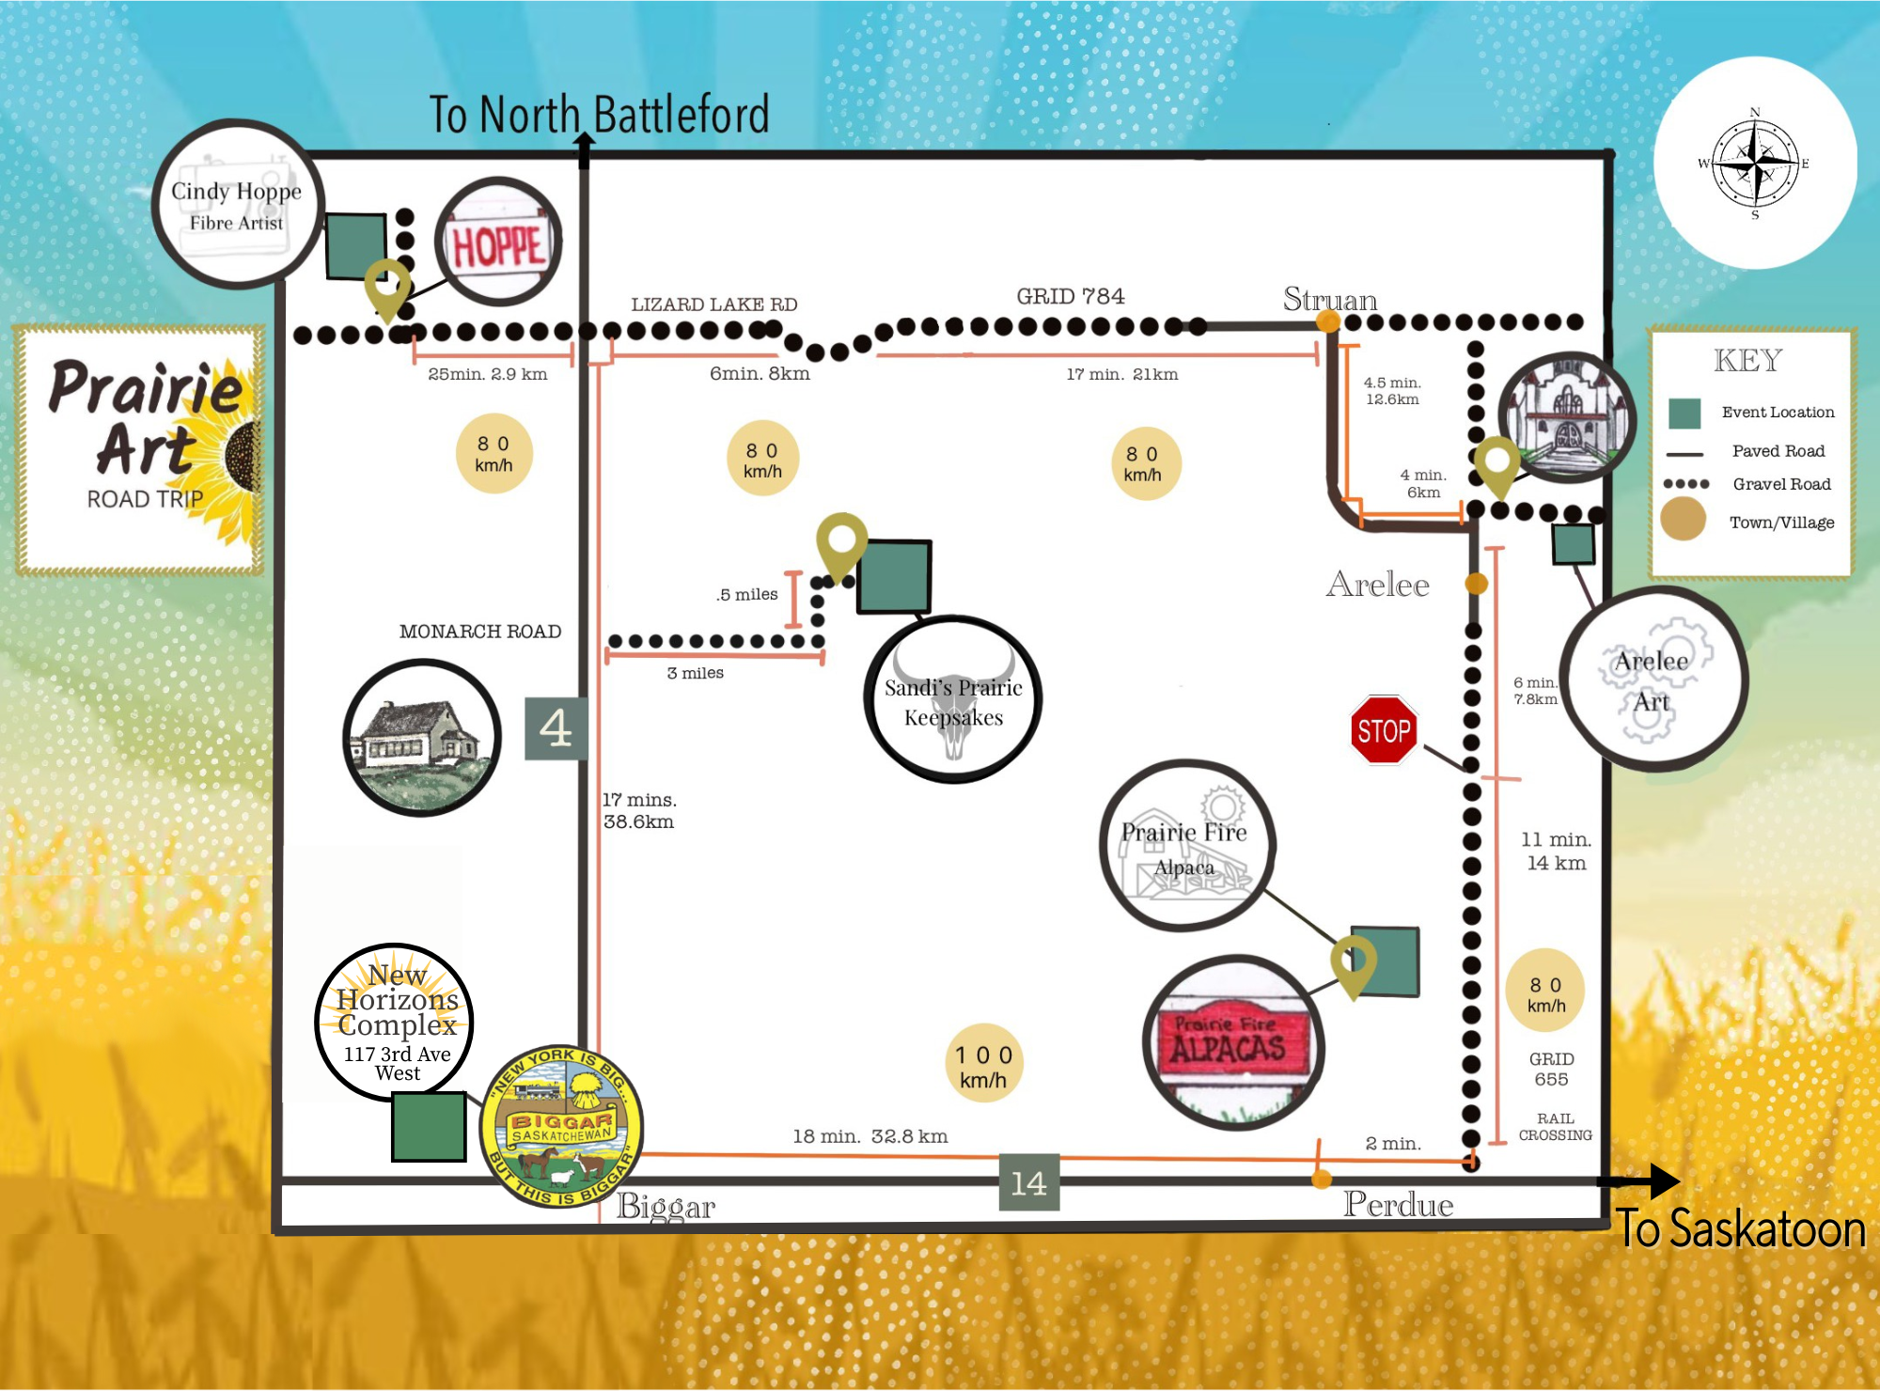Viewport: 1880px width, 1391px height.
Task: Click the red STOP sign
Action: [1384, 730]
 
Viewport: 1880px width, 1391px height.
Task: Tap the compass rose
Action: [1754, 164]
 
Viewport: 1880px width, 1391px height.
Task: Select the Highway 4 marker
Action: [556, 728]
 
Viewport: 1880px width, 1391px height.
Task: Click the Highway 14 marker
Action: [1028, 1182]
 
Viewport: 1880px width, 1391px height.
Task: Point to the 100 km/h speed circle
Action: [983, 1066]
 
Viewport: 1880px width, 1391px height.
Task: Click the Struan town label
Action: [1329, 299]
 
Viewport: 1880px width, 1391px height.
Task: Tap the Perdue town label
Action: [1398, 1205]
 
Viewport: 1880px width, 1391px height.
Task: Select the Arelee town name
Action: [1377, 585]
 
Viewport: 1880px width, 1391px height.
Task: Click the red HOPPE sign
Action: [498, 243]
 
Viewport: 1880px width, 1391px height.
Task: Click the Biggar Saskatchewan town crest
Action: [562, 1126]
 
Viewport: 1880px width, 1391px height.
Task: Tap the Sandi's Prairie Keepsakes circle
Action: [953, 701]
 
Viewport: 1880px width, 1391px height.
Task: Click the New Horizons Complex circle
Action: [395, 1022]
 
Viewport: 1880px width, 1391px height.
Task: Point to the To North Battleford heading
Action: [599, 115]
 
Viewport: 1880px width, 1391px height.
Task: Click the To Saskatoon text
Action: [1741, 1229]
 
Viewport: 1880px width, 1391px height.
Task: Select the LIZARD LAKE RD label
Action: [713, 305]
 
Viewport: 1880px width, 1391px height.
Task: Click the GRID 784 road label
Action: [1070, 297]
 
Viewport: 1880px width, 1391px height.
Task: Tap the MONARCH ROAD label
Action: [479, 632]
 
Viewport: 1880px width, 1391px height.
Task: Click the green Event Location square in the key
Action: [1684, 413]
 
